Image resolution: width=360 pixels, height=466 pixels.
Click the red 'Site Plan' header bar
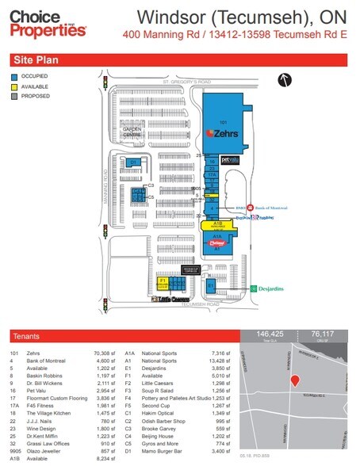[x=180, y=59]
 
